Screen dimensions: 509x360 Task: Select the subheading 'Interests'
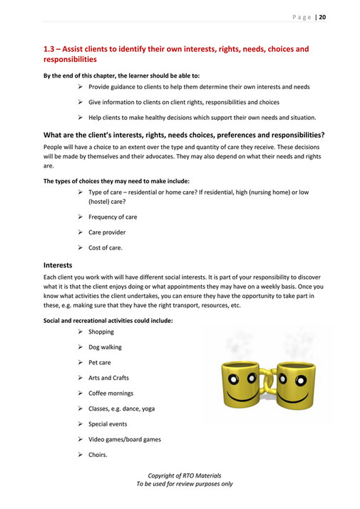pyautogui.click(x=59, y=265)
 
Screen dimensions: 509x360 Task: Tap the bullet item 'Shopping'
pyautogui.click(x=101, y=332)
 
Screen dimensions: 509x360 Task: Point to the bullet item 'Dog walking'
pyautogui.click(x=105, y=347)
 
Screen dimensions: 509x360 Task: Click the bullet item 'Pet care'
pyautogui.click(x=100, y=363)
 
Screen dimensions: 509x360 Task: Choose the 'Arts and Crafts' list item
pyautogui.click(x=108, y=378)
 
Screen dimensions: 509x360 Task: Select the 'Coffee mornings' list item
pyautogui.click(x=110, y=394)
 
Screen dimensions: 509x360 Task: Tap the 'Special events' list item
pyautogui.click(x=108, y=424)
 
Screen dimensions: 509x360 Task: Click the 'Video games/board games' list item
pyautogui.click(x=124, y=439)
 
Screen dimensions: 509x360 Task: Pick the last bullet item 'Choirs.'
pyautogui.click(x=98, y=455)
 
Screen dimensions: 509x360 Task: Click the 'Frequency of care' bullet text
pyautogui.click(x=113, y=217)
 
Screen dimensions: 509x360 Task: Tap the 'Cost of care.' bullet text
pyautogui.click(x=105, y=247)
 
